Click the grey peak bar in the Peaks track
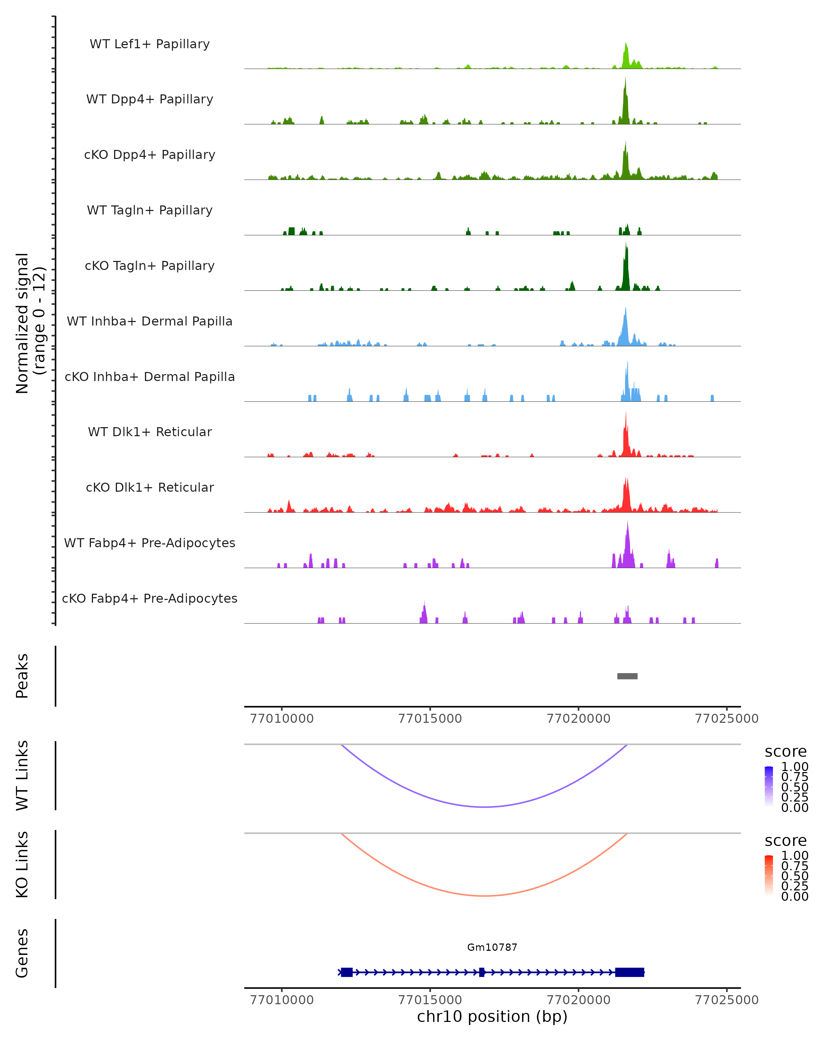click(627, 676)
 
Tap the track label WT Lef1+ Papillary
click(150, 44)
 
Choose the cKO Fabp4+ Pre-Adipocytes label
click(150, 598)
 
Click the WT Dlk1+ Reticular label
click(150, 432)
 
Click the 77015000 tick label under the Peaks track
click(430, 719)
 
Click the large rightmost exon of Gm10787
click(629, 972)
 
